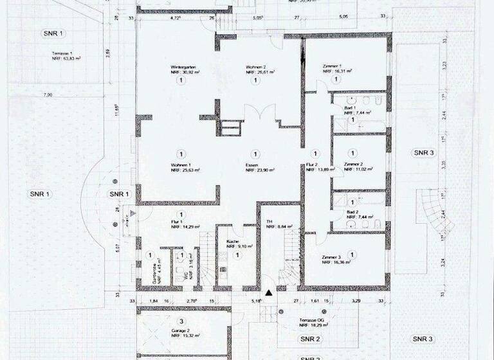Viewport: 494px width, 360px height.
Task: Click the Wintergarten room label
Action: pyautogui.click(x=183, y=67)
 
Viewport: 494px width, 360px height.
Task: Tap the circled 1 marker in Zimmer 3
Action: pyautogui.click(x=351, y=255)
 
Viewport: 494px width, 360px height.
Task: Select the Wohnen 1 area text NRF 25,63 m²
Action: pyautogui.click(x=185, y=171)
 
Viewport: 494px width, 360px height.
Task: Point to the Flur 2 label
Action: pyautogui.click(x=313, y=165)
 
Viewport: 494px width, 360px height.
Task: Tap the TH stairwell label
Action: pyautogui.click(x=270, y=221)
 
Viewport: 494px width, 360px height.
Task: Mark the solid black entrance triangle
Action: pyautogui.click(x=270, y=293)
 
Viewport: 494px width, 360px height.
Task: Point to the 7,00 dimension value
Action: pyautogui.click(x=48, y=95)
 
